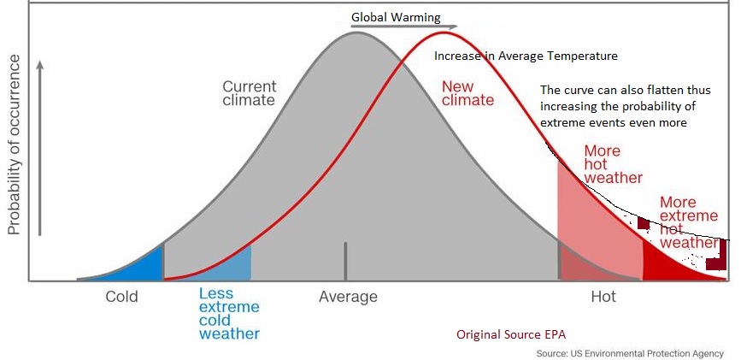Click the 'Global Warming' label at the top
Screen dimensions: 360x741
[396, 17]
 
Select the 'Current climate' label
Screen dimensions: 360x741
[249, 93]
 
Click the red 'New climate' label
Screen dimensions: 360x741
[468, 92]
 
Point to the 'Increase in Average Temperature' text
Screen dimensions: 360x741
[526, 56]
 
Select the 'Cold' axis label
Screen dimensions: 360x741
[121, 298]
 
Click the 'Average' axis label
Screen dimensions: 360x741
[348, 298]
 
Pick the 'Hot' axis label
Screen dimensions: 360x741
[603, 298]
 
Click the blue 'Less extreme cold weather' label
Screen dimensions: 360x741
[229, 313]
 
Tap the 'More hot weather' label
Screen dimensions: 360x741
[612, 164]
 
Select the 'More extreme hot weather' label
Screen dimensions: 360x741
[689, 222]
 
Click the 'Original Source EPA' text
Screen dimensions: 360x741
[511, 333]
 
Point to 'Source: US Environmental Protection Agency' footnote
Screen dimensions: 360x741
[629, 353]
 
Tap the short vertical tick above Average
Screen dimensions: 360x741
[345, 260]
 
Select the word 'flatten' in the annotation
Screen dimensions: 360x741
[658, 91]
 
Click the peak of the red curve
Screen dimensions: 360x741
[443, 32]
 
